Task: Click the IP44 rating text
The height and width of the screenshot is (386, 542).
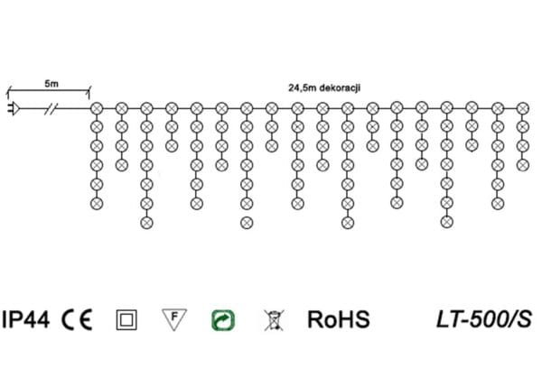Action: (26, 318)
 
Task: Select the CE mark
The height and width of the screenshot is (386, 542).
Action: (79, 318)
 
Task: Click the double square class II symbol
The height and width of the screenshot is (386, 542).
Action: (126, 319)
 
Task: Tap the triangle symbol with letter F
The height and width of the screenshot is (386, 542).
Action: (173, 318)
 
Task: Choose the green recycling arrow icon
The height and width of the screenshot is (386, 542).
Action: (222, 318)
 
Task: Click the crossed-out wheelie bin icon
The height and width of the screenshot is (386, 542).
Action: (271, 318)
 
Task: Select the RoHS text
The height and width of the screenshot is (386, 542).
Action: (339, 318)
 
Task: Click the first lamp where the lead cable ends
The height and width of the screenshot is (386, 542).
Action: (97, 108)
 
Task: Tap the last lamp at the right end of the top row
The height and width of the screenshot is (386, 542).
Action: (521, 108)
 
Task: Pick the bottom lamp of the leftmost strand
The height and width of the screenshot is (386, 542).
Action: (97, 203)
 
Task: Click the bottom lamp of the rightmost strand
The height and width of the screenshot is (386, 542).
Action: (521, 165)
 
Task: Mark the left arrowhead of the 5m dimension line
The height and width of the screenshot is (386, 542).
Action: (9, 89)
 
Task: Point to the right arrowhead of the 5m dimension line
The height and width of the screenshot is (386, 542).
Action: (89, 89)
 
